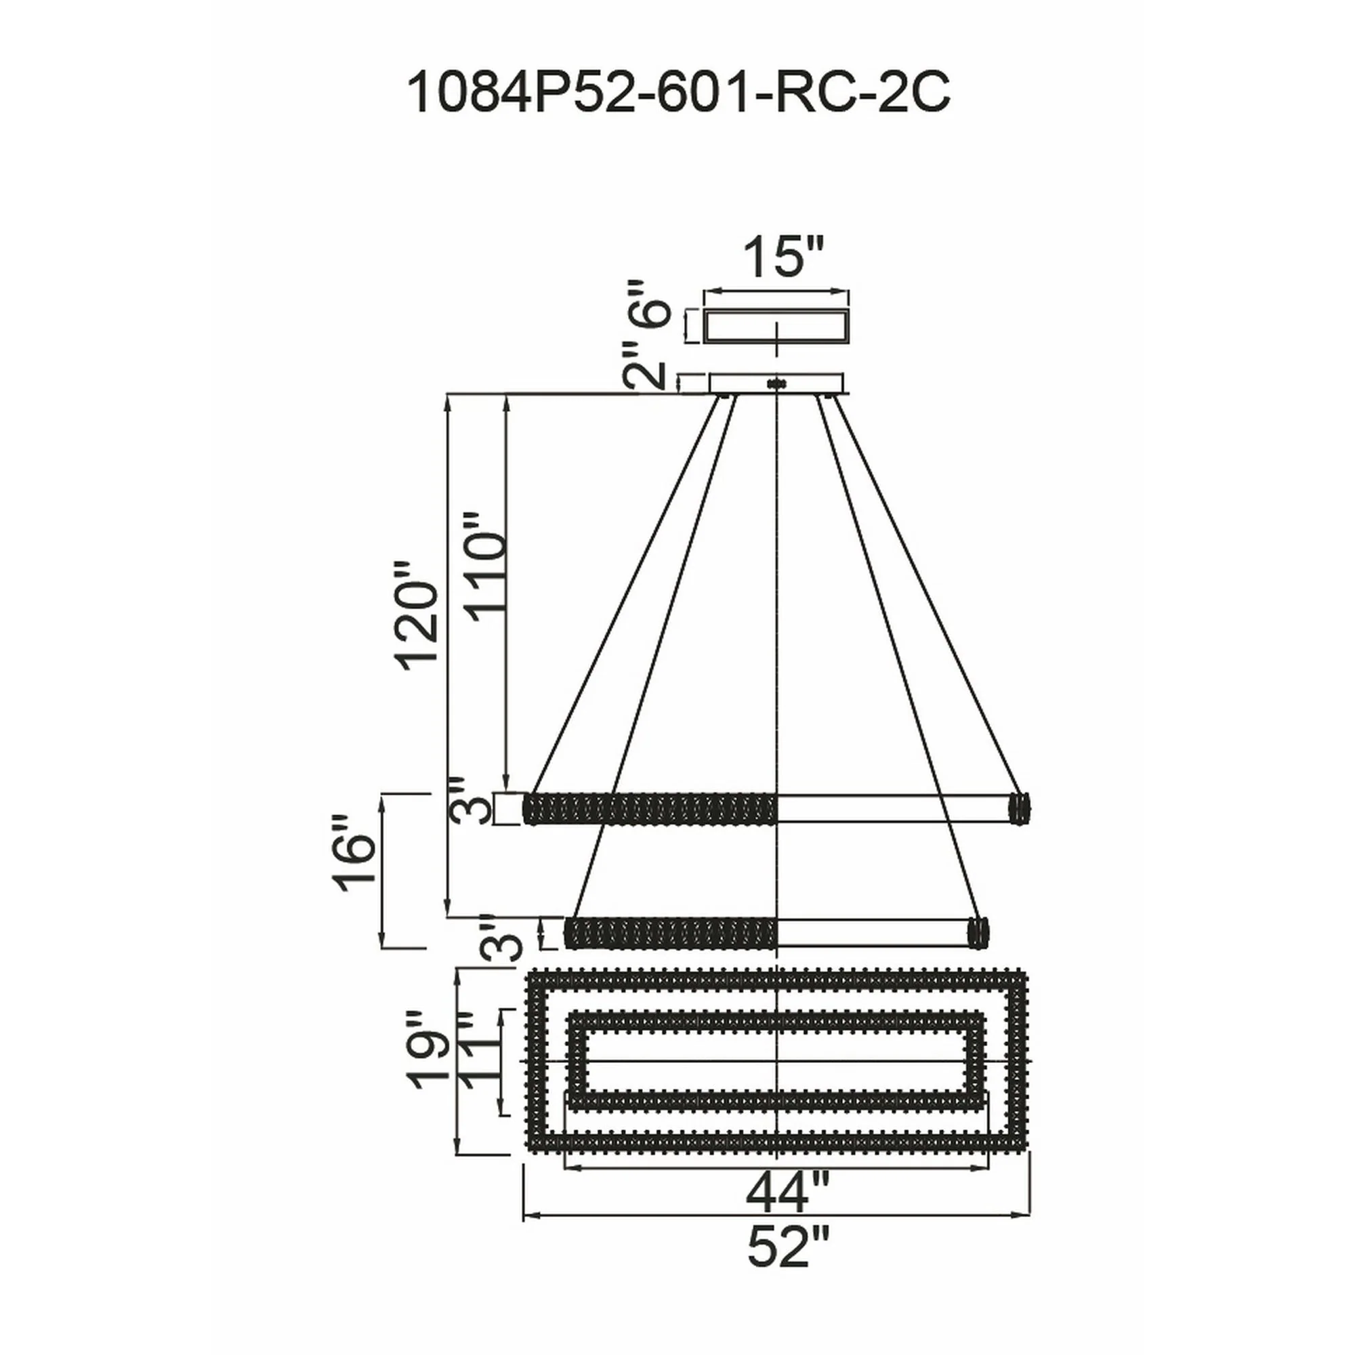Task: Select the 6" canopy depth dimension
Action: click(646, 304)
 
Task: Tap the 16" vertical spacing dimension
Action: click(355, 854)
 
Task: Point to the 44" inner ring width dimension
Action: click(787, 1191)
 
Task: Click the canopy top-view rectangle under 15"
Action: click(776, 326)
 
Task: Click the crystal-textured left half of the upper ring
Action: click(651, 808)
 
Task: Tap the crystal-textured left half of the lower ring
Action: click(671, 933)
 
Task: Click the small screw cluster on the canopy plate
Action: click(776, 384)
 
